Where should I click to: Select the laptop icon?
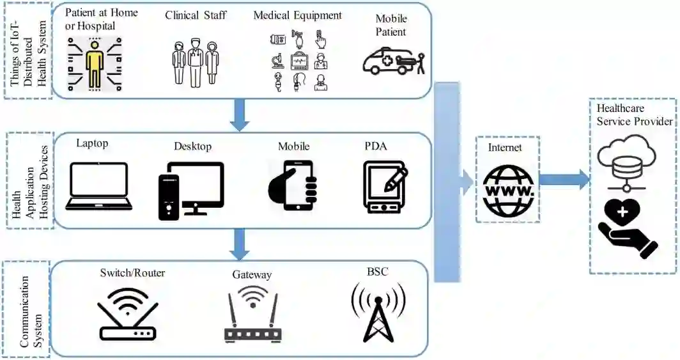coord(99,187)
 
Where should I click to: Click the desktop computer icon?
coord(191,191)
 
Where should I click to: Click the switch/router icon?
coord(128,313)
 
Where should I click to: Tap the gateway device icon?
coord(253,315)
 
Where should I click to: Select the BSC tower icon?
coord(378,312)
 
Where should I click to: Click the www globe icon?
coord(509,190)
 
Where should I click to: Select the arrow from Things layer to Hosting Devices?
coord(240,115)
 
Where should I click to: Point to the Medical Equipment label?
coord(297,15)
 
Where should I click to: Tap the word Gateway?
coord(252,275)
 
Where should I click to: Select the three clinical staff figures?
coord(195,63)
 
